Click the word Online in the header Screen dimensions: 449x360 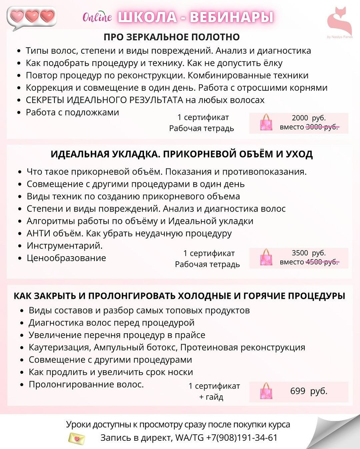[97, 17]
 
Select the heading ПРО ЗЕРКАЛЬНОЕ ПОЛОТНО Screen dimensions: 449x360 [172, 37]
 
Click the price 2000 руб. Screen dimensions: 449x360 [309, 118]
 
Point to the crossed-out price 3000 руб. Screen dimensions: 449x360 [322, 127]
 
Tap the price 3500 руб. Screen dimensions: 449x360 [309, 253]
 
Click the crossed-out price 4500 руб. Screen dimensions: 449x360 [322, 262]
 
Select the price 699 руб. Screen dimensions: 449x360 [309, 391]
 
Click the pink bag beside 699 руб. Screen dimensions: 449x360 [266, 391]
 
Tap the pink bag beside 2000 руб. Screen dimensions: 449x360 [266, 123]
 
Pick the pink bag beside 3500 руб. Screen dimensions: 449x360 [266, 257]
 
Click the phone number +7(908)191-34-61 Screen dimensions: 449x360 [242, 438]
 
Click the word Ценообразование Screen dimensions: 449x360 [66, 258]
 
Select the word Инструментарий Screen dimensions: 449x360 [64, 246]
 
